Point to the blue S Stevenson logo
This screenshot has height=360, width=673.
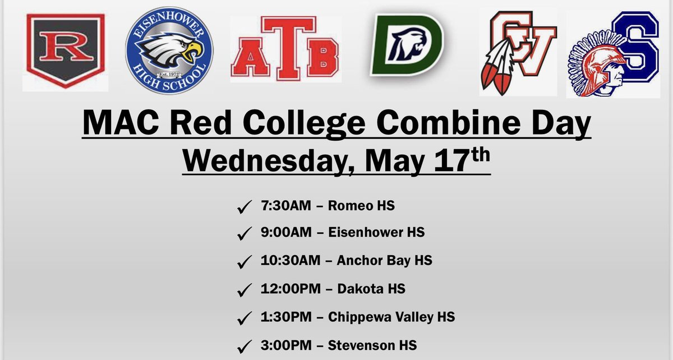tap(617, 53)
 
